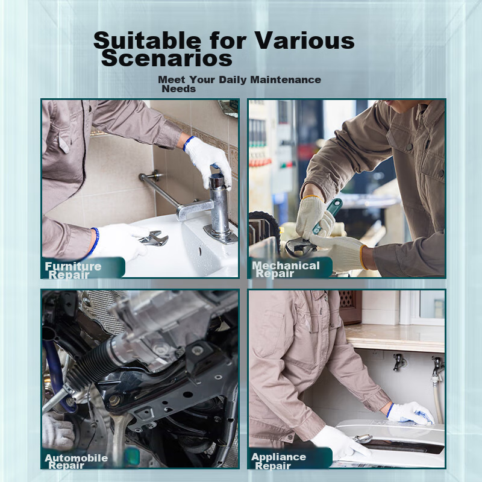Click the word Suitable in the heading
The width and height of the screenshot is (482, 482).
[147, 40]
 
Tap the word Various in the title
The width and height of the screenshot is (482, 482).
[305, 40]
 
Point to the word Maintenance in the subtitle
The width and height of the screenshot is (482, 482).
[286, 80]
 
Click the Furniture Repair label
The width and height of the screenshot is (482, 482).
[73, 270]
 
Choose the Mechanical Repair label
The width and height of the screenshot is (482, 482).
[286, 269]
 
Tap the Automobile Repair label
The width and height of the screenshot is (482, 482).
[77, 462]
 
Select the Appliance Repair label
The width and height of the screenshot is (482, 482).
[278, 461]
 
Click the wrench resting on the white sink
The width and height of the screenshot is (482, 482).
[154, 238]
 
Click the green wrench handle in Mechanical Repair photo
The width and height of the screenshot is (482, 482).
[327, 216]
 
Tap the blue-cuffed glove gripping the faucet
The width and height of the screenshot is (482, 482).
[207, 161]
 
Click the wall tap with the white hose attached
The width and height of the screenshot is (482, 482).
[437, 367]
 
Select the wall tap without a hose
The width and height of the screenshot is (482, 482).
[399, 362]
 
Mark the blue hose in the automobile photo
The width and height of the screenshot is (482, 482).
[55, 372]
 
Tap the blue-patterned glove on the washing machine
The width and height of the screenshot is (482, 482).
[410, 413]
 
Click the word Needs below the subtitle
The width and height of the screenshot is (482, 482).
[178, 89]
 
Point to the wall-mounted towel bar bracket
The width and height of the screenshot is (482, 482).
[152, 176]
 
